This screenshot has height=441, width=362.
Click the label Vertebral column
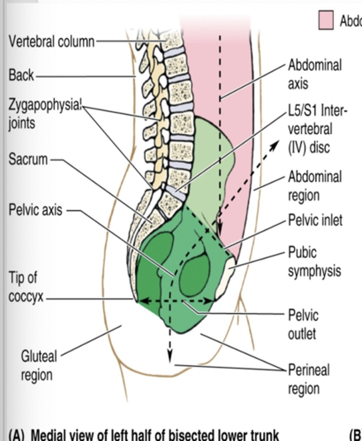click(52, 42)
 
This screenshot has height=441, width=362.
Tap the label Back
click(21, 75)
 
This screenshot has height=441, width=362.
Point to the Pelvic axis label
click(36, 211)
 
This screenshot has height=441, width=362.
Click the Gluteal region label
click(39, 366)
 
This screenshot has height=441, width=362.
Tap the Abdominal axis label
click(315, 74)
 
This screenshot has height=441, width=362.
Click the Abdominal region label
click(315, 186)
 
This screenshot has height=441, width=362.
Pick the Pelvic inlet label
click(315, 220)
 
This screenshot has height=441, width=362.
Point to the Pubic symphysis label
click(314, 262)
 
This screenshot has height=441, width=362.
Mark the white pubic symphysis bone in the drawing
click(226, 276)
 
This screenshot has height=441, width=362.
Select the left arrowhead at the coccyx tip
click(142, 301)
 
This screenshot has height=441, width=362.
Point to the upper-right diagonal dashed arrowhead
click(274, 145)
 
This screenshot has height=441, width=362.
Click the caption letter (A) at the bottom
click(16, 435)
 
